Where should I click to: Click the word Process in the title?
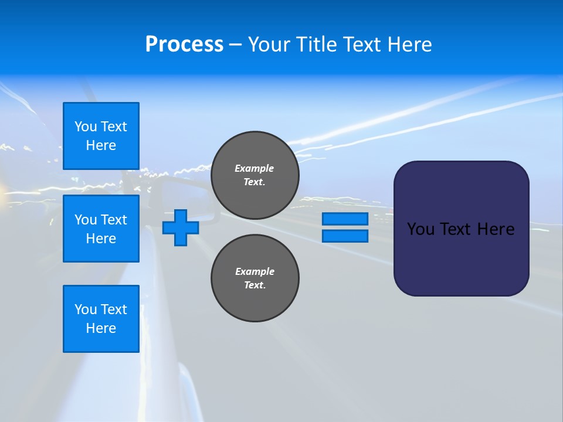click(184, 45)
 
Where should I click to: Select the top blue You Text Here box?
click(101, 136)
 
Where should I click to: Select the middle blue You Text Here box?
click(101, 229)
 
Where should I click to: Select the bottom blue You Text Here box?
click(101, 319)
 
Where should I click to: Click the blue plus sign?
click(180, 227)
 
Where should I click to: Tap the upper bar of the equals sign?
click(345, 219)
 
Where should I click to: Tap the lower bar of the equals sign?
click(345, 236)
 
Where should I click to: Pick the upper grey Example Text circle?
click(255, 175)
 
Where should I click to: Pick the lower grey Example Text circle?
click(255, 278)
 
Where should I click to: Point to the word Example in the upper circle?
click(254, 168)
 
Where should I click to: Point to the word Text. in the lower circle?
click(255, 285)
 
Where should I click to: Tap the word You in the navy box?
click(421, 229)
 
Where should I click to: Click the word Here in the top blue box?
click(101, 145)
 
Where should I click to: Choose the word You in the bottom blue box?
click(86, 309)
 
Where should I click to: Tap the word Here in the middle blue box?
click(101, 239)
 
